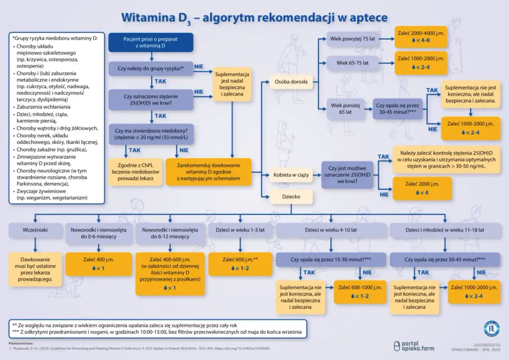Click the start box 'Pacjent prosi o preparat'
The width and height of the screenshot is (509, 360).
coord(151,42)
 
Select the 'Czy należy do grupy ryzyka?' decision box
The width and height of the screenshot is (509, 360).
coord(151,68)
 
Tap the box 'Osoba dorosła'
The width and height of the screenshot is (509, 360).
coord(291,82)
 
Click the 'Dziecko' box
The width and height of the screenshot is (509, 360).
coord(291,197)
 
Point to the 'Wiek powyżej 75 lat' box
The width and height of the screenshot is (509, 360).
coord(352,39)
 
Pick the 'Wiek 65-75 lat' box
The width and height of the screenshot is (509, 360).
coord(352,63)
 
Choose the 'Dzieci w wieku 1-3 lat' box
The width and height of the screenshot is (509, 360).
coord(240,230)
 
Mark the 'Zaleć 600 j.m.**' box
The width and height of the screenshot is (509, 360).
coord(240,263)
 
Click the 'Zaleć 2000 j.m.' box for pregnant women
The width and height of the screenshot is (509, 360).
coord(422,188)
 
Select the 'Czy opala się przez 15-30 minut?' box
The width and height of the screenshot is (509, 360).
coord(331,259)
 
